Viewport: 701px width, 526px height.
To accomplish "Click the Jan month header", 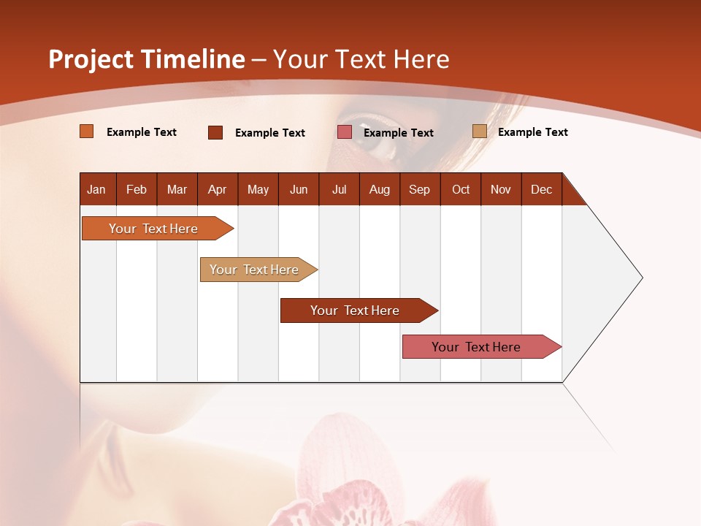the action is point(96,189).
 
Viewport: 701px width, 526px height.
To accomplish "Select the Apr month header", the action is point(217,189).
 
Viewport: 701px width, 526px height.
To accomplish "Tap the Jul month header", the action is point(339,189).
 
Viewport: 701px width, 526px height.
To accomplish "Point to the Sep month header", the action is point(419,189).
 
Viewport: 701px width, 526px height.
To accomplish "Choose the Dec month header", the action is point(541,189).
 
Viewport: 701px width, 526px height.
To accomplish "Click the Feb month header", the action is point(137,189).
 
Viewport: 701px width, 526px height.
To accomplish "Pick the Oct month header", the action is point(461,189).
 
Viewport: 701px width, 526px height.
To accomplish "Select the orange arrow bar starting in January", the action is point(153,229).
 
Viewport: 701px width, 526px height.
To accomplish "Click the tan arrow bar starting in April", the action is point(254,270).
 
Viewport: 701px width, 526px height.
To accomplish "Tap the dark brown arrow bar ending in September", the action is point(355,310).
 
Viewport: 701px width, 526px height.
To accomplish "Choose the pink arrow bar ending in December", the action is point(476,347).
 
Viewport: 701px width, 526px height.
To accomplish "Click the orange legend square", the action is point(87,131).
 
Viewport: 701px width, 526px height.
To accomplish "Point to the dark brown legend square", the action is point(215,132).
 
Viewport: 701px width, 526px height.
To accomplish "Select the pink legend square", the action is point(345,132).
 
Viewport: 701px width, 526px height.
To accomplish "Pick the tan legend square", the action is point(480,131).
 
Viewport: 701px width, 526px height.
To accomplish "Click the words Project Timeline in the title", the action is point(146,59).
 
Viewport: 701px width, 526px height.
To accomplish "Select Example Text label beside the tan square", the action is point(532,132).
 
